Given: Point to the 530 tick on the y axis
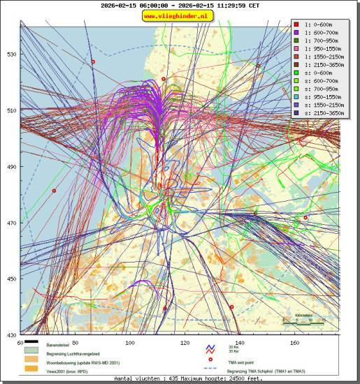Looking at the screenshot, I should coord(11,54).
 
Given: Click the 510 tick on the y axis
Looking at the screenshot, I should coord(11,110).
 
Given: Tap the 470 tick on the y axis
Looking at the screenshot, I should coord(11,223).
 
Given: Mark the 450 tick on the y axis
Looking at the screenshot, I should coord(11,279).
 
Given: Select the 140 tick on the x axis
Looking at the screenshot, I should coord(240,342).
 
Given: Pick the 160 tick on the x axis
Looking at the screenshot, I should coord(295,342).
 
